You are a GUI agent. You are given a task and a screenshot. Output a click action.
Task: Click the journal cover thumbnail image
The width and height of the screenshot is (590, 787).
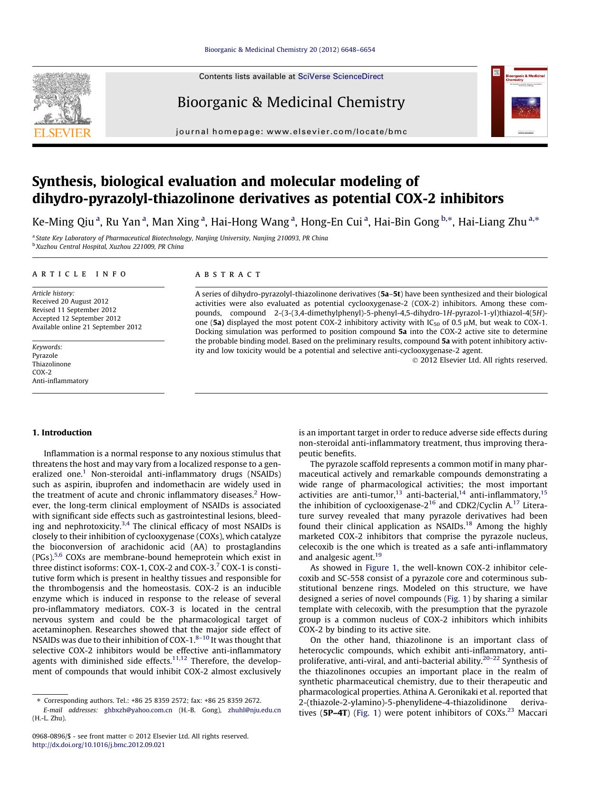coord(519,101)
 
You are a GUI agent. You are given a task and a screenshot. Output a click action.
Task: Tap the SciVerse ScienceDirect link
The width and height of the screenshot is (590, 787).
coord(340,77)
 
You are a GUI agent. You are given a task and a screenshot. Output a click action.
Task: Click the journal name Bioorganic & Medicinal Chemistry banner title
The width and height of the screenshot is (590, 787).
coord(291,102)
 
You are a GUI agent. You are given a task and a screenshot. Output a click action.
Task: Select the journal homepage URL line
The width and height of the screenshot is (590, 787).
coord(291,132)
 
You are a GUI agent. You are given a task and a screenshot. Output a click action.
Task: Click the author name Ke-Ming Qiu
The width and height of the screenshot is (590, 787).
coord(63,222)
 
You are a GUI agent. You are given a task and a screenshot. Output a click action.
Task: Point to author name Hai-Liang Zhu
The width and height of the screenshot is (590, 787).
coord(492,222)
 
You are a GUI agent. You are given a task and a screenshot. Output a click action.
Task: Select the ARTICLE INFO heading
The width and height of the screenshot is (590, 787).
coord(80,274)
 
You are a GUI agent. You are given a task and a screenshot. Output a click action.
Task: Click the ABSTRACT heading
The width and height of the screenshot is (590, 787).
coord(228,275)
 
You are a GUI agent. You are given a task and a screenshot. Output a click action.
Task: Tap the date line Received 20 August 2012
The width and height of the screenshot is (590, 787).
coord(70,301)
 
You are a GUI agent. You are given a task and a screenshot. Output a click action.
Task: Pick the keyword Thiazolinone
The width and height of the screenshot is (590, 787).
coord(51,364)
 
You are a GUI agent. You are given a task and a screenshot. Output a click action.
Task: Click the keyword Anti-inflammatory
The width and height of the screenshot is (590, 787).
coord(60,381)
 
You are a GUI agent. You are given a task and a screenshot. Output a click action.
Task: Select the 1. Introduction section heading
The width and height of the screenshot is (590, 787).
coord(62,433)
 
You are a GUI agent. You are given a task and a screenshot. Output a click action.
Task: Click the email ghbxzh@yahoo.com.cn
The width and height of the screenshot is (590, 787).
coord(138,710)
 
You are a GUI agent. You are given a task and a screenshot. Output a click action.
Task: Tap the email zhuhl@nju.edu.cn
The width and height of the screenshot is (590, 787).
coord(254,710)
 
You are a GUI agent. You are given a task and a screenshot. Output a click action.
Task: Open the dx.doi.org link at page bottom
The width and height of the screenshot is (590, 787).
coord(98,745)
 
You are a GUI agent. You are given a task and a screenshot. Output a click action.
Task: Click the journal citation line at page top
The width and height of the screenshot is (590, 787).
coord(290,49)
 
